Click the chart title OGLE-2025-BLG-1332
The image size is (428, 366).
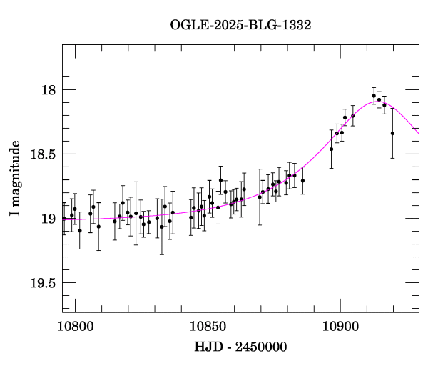point(240,25)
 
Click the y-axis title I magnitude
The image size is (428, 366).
point(15,178)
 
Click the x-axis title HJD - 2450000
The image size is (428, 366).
point(240,347)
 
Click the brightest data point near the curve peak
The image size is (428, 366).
point(374,96)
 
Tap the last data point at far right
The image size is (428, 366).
point(392,133)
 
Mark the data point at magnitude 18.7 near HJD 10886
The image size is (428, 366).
point(302,180)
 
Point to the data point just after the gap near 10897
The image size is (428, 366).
point(331,149)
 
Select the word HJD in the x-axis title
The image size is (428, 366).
point(208,347)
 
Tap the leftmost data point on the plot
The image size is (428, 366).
point(64,219)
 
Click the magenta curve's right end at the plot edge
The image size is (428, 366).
point(419,133)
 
